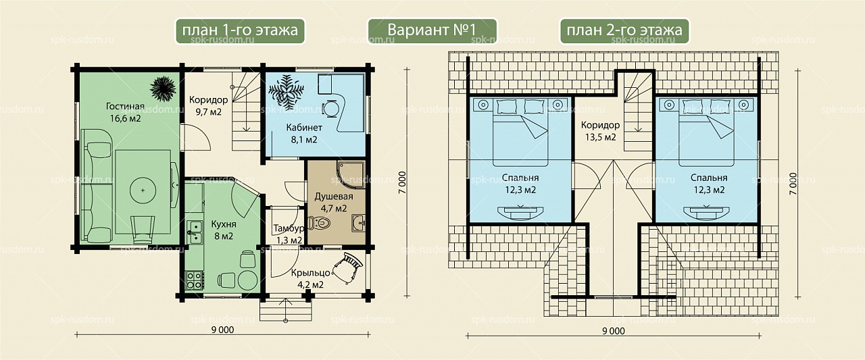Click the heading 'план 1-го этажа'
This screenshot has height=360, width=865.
pos(240,30)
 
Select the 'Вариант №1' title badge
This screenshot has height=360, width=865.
pos(432,30)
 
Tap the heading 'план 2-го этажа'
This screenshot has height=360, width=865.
pos(624,30)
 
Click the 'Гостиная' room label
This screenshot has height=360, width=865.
pos(125,106)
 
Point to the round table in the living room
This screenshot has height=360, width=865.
pos(143,190)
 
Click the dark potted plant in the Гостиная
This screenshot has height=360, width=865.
pos(163,88)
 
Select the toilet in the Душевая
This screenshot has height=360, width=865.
pos(319,223)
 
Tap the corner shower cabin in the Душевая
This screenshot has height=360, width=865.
pos(350,175)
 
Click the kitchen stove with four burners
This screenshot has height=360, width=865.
pos(194,280)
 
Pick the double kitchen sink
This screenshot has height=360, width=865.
pos(194,232)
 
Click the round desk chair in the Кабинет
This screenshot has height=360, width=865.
pos(331,109)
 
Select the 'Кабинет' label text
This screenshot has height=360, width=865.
pos(304,128)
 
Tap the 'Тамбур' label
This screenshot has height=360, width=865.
pos(289,228)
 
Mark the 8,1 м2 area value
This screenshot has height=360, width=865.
pos(304,139)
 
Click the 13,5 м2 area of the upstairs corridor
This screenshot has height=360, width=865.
pos(600,137)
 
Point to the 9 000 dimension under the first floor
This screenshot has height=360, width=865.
pos(223,330)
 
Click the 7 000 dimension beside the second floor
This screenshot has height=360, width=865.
pos(793,183)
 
